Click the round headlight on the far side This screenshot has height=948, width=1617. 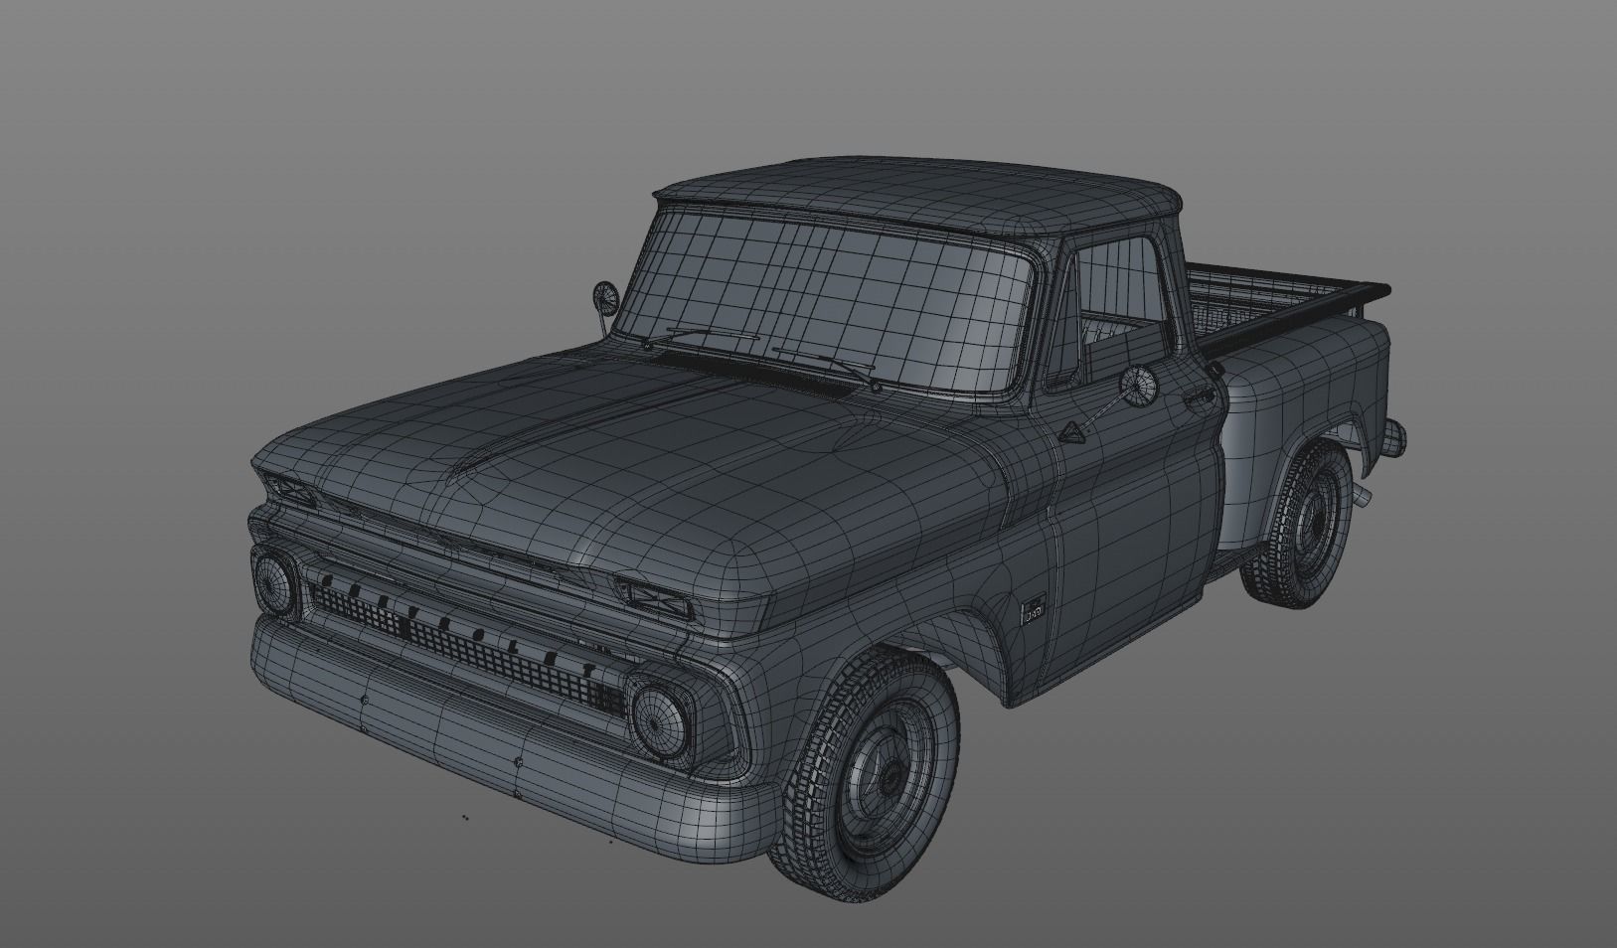(273, 582)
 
